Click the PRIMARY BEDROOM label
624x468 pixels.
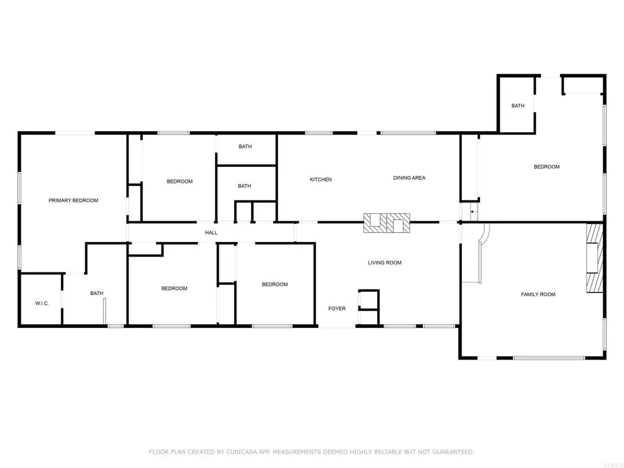coord(73,200)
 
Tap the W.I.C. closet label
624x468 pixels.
coord(41,303)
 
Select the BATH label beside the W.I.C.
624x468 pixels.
coord(97,294)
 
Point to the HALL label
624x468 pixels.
coord(211,233)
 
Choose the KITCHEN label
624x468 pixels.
coord(321,180)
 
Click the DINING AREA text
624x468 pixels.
coord(409,178)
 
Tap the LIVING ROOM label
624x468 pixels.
coord(385,263)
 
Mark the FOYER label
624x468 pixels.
coord(337,309)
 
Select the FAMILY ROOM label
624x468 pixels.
coord(538,295)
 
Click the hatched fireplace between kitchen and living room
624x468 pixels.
coord(387,223)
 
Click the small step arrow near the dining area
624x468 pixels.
coord(473,212)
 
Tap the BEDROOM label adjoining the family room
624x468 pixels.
coord(547,167)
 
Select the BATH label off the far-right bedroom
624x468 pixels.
coord(517,106)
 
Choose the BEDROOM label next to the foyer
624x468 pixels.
coord(275,285)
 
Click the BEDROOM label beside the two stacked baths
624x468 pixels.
coord(180,182)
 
